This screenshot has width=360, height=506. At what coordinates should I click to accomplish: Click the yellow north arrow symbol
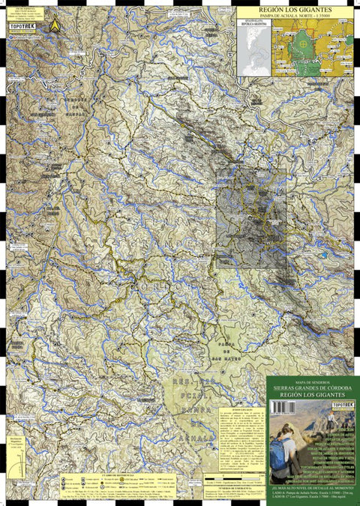click(x=54, y=25)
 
